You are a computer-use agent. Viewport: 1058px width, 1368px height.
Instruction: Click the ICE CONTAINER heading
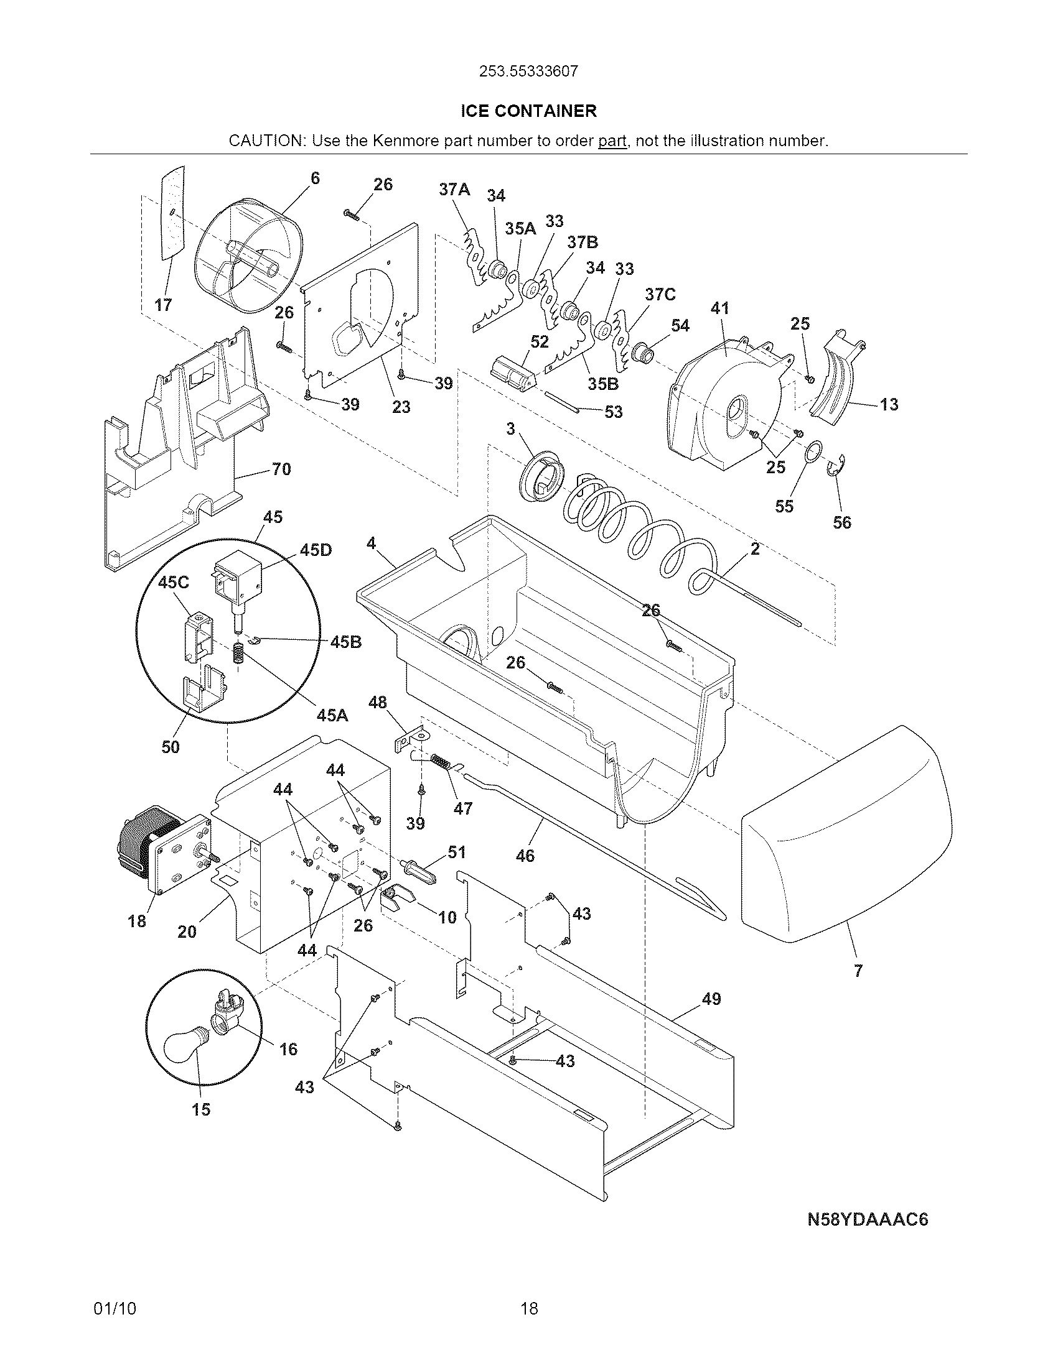[x=528, y=111]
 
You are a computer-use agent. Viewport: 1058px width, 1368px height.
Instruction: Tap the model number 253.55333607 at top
[x=528, y=72]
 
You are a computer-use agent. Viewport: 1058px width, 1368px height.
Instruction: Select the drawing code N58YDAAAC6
[x=867, y=1219]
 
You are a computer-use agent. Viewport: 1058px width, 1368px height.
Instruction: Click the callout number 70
[x=281, y=469]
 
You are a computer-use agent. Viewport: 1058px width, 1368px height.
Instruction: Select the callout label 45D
[x=316, y=550]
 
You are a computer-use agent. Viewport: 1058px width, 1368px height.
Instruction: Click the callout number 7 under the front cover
[x=858, y=971]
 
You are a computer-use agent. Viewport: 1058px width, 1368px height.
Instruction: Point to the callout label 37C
[x=660, y=294]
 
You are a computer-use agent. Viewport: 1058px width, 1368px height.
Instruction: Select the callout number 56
[x=842, y=522]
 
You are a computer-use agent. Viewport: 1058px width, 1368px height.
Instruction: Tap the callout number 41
[x=720, y=308]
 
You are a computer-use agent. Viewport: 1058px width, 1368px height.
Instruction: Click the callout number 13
[x=888, y=405]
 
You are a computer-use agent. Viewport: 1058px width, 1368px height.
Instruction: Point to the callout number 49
[x=711, y=999]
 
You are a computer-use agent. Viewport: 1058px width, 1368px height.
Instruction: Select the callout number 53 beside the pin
[x=613, y=412]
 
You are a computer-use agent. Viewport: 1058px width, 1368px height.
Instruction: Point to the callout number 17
[x=164, y=305]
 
